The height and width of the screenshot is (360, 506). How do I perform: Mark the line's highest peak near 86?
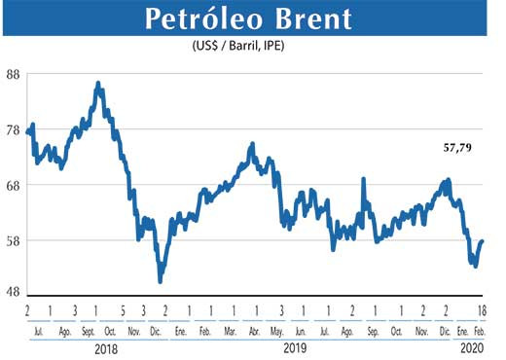(x=98, y=84)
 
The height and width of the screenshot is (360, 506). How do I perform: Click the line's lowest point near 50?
(x=160, y=281)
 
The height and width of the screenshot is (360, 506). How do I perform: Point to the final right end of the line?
(x=483, y=240)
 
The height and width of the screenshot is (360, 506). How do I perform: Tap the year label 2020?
(x=471, y=346)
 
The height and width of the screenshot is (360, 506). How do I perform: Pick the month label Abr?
(x=254, y=330)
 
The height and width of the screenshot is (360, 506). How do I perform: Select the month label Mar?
(x=231, y=330)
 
